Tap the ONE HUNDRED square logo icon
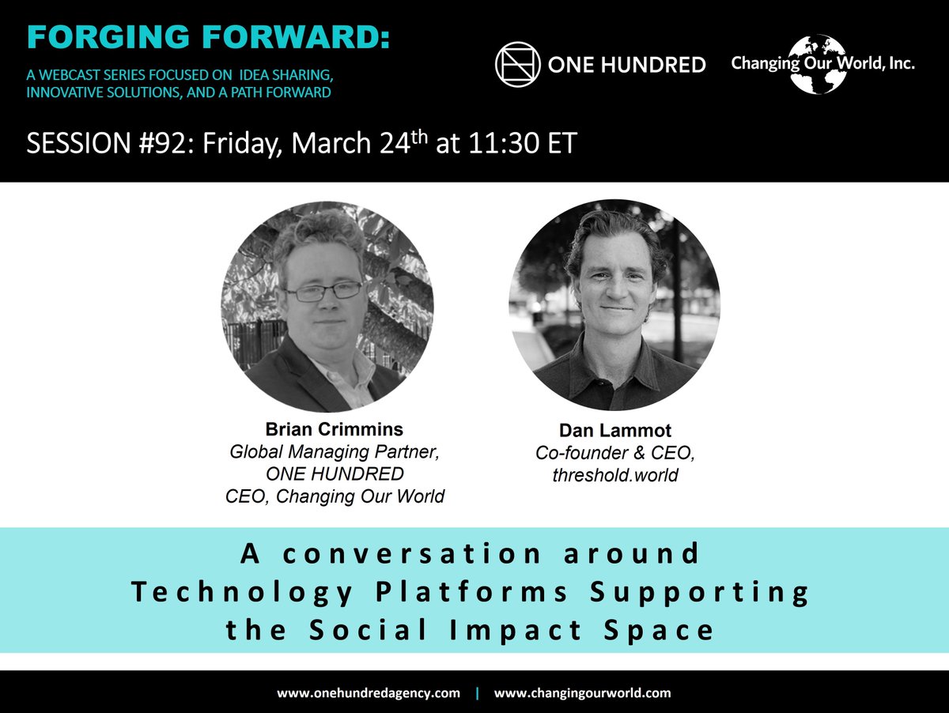pyautogui.click(x=517, y=64)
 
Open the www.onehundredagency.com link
pyautogui.click(x=368, y=693)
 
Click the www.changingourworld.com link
pyautogui.click(x=582, y=693)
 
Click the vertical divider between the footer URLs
pyautogui.click(x=477, y=693)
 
